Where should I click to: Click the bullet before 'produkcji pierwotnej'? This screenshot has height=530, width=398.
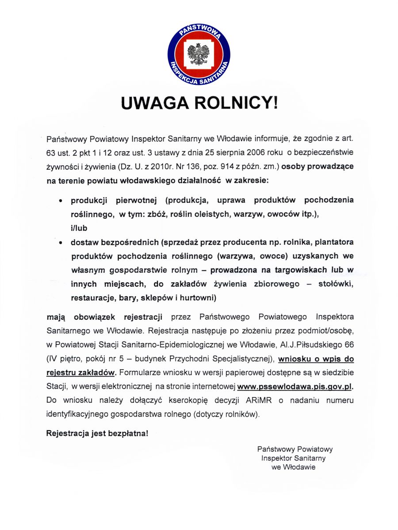click(61, 200)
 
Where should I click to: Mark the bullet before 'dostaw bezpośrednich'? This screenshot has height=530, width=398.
click(61, 242)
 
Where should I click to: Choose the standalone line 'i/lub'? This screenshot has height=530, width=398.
click(79, 228)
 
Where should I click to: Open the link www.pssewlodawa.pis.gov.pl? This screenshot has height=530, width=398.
click(295, 386)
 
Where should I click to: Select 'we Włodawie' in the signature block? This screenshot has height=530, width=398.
click(293, 467)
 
